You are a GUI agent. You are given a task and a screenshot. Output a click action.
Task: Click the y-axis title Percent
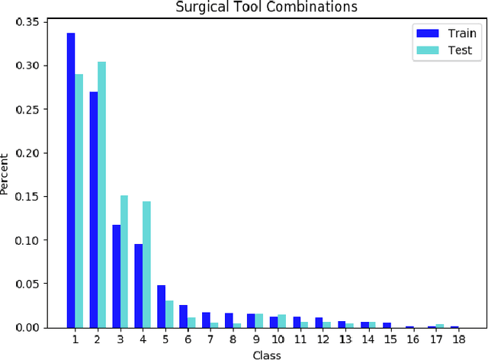coord(7,175)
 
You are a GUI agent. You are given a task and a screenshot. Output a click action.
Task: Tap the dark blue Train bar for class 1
coord(71,180)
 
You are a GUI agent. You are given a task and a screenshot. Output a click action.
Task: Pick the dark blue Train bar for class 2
coord(93,210)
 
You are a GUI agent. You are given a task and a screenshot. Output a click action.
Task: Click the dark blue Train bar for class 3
coord(116,276)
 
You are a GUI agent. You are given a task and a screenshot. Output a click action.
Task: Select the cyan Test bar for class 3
coord(124,262)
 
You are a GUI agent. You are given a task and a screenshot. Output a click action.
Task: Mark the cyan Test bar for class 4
coord(146,265)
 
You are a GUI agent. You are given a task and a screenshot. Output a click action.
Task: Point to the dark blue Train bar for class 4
coord(138,285)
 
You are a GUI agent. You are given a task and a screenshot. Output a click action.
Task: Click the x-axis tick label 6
coord(188,339)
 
